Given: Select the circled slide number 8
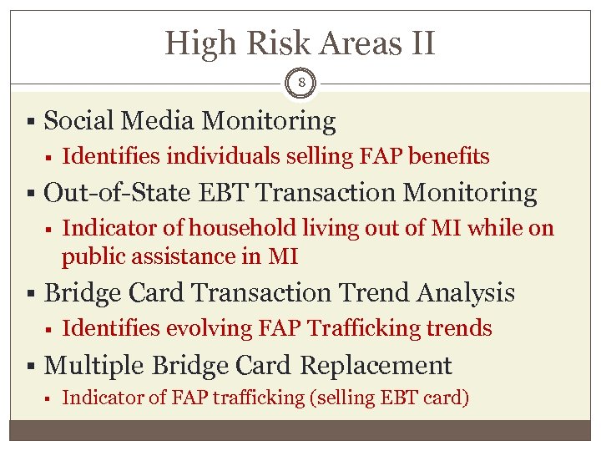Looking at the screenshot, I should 300,84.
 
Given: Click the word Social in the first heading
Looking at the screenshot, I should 79,121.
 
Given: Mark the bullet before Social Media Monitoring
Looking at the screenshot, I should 31,122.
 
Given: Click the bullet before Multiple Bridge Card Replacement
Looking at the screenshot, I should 31,366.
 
